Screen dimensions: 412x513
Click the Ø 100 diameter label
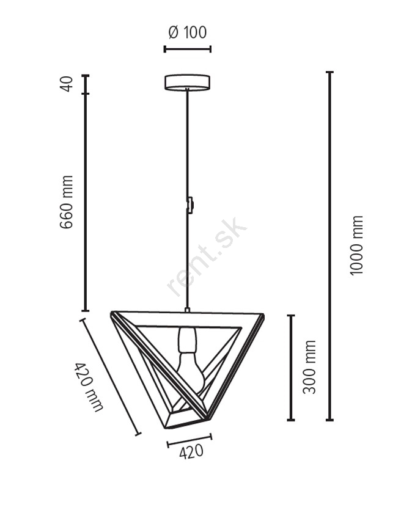tap(188, 32)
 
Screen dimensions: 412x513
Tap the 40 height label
tap(67, 84)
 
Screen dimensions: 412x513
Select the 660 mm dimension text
tap(67, 202)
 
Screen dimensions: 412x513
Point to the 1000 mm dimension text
tap(356, 246)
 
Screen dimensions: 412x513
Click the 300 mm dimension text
tap(309, 367)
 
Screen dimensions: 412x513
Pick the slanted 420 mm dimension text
tap(89, 387)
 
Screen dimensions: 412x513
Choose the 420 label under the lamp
tap(191, 452)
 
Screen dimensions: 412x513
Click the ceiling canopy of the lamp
tap(187, 82)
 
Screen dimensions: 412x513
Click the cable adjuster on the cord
tap(190, 205)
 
